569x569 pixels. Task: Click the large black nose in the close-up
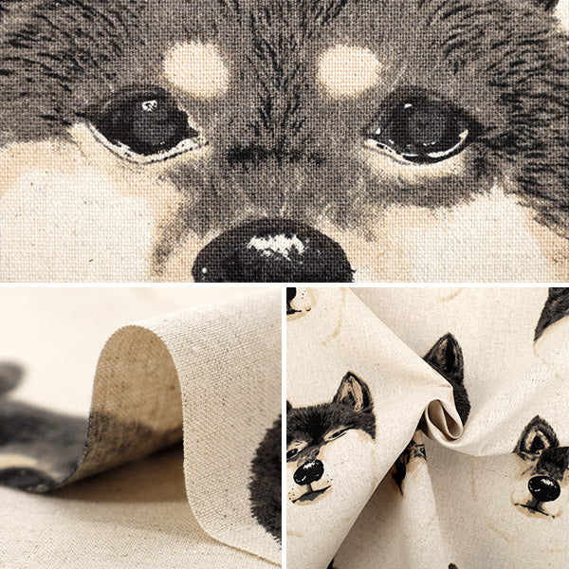click(272, 253)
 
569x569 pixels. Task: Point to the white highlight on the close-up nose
click(278, 246)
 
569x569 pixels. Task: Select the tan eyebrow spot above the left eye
click(195, 65)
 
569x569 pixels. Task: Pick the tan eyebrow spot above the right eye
click(348, 68)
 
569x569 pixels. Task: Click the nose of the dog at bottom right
click(543, 488)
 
